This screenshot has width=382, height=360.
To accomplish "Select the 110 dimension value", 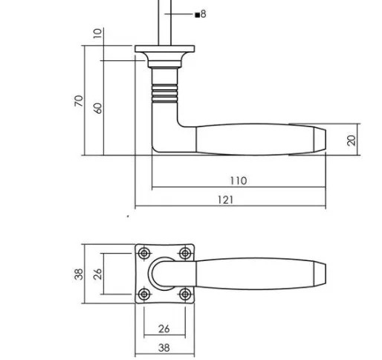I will pos(238,181).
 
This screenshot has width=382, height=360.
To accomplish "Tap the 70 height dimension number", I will pos(79,101).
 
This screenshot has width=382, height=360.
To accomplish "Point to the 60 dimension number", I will pos(97,107).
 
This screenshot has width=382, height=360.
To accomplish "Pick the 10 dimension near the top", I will pos(97,33).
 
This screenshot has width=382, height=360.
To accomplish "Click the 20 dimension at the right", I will pos(352,139).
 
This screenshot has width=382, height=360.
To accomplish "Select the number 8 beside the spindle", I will pos(203,14).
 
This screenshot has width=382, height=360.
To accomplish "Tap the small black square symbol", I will pos(196,14).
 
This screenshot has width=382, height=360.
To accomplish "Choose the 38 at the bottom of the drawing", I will pos(164,347).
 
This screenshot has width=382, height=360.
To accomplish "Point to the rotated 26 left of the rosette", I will pos(97,274).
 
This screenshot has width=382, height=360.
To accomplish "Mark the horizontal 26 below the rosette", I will pos(164,329).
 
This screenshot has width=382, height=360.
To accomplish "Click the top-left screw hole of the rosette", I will pos(144,253).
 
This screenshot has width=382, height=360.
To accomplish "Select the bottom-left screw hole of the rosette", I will pos(144,294).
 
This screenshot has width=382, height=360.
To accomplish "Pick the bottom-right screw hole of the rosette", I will pos(184,294).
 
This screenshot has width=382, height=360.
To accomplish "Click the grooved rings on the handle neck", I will pos(164,93).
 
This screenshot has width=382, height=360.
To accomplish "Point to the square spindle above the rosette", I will pos(164,22).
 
